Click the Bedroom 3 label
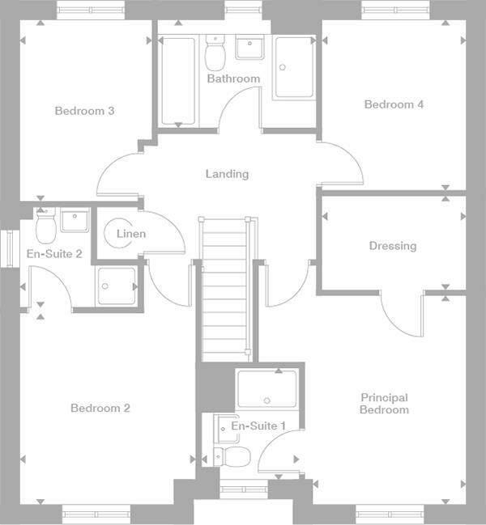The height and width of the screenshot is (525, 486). [x=84, y=111]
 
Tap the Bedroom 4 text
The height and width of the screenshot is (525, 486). [x=394, y=104]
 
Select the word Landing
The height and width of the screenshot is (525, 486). [x=227, y=174]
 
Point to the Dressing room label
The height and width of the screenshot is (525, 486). [x=392, y=246]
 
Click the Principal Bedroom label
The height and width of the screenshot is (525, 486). [x=384, y=404]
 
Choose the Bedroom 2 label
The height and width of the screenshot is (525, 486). [x=100, y=409]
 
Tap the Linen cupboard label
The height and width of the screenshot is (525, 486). [x=131, y=235]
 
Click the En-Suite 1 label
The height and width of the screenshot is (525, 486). [x=258, y=426]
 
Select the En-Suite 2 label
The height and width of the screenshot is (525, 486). [x=54, y=254]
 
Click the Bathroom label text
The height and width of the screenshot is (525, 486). [x=233, y=79]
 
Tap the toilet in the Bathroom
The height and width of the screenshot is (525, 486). [x=215, y=55]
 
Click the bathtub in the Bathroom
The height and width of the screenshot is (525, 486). [x=177, y=81]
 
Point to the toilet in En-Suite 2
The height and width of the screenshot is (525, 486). [x=45, y=226]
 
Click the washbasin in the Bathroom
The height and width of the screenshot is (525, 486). [x=250, y=48]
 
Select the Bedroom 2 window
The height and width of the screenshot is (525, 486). [x=96, y=511]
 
